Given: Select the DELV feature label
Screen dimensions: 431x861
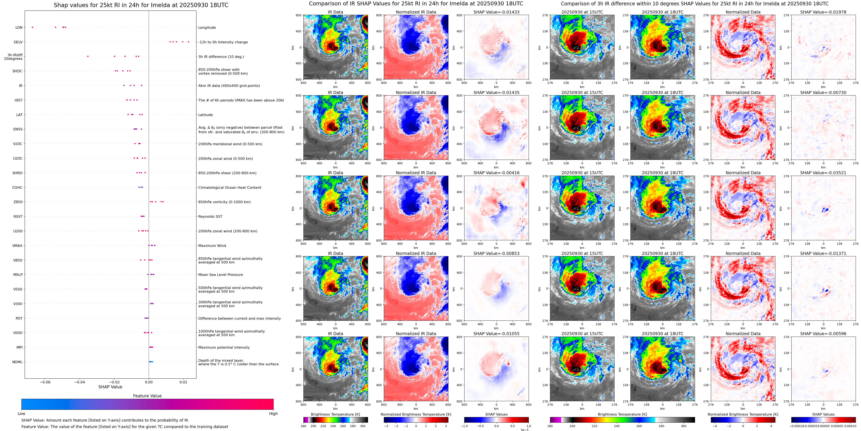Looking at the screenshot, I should coord(18,42).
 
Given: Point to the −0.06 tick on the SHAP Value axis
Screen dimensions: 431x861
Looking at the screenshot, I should coord(45,382).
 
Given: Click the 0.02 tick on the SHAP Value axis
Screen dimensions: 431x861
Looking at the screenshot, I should coord(183,382).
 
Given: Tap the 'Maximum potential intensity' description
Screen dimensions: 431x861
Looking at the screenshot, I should coord(224,347).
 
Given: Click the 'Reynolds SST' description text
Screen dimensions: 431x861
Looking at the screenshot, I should coord(210,216).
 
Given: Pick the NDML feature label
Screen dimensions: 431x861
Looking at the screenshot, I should coord(17,362).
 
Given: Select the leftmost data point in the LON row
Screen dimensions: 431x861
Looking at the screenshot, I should coord(32,27).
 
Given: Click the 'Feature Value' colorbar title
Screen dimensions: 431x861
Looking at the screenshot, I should coord(147,396).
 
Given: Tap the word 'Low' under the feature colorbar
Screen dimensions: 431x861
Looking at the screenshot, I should coord(21,414).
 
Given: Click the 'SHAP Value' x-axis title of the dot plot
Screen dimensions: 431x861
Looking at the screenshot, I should coord(110,387).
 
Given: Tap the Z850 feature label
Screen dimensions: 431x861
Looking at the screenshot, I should coord(18,202).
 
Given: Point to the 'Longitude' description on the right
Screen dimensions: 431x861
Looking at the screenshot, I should coord(207,27).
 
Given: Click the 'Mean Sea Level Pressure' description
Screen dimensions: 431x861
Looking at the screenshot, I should coord(221,275).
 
